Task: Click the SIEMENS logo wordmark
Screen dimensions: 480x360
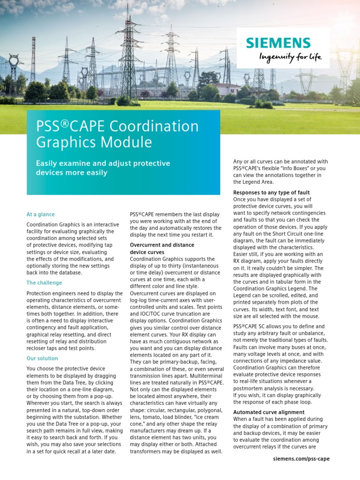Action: coord(278,43)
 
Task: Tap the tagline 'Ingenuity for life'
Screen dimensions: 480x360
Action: coord(291,57)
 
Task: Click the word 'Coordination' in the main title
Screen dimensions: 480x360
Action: coord(154,126)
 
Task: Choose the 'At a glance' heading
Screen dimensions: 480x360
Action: coord(40,214)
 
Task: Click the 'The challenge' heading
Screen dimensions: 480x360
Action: coord(44,283)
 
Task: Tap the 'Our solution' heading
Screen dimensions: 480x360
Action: coord(42,358)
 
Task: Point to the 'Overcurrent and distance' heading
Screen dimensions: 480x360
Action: coord(162,245)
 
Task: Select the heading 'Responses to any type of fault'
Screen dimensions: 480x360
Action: coord(271,193)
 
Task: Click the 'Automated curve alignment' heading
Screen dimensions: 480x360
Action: coord(269,412)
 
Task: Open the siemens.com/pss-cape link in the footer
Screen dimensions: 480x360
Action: coord(301,458)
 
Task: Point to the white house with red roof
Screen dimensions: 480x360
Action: coord(228,89)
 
